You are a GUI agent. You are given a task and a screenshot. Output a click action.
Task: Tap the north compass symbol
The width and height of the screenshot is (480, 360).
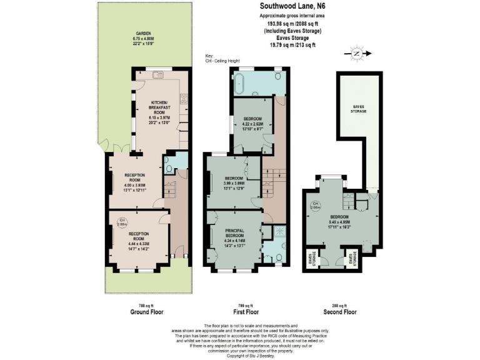356,54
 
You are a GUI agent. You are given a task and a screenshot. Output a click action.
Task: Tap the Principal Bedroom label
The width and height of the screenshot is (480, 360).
236,233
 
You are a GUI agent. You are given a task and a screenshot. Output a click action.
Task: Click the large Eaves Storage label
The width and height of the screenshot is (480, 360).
358,109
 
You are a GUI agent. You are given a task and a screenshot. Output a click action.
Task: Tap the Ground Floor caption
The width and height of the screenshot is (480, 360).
146,312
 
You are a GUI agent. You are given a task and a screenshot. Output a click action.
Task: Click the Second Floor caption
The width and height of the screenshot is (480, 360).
340,312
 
